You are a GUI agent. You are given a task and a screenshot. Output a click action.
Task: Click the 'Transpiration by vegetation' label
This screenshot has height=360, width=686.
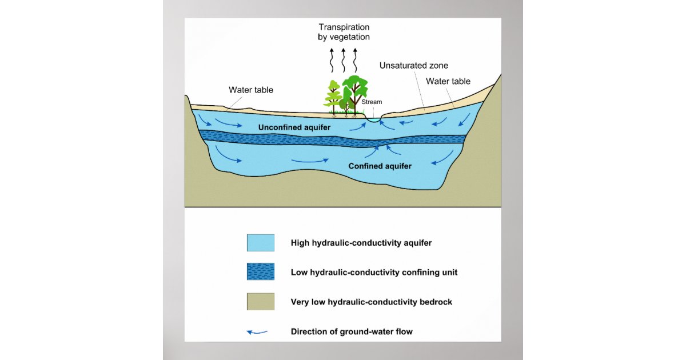(344, 32)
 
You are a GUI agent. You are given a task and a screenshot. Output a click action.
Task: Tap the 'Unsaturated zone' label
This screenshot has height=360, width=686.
(413, 66)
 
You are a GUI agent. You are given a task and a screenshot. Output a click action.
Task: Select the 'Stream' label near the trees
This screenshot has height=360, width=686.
(372, 102)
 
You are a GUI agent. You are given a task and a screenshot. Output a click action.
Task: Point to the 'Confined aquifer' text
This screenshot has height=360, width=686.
(380, 166)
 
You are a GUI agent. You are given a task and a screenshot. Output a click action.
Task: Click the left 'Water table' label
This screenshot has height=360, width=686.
(251, 90)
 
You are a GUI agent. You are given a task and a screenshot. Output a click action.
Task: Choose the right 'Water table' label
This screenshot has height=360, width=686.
(448, 81)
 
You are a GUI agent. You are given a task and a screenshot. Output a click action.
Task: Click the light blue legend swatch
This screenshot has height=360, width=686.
(260, 243)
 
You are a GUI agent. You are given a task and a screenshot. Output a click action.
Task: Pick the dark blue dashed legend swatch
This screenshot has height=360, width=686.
(260, 272)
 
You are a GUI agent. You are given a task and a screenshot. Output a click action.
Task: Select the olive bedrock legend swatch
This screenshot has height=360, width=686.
(260, 302)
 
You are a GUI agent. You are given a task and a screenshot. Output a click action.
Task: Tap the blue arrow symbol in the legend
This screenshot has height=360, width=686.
(257, 332)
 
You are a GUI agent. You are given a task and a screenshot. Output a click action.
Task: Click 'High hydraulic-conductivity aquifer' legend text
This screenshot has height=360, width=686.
(361, 243)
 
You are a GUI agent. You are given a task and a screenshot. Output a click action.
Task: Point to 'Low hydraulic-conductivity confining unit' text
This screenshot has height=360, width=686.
(374, 273)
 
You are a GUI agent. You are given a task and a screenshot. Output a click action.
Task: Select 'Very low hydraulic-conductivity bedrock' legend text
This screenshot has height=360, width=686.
(371, 302)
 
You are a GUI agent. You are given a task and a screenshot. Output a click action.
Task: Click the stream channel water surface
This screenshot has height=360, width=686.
(373, 120)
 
